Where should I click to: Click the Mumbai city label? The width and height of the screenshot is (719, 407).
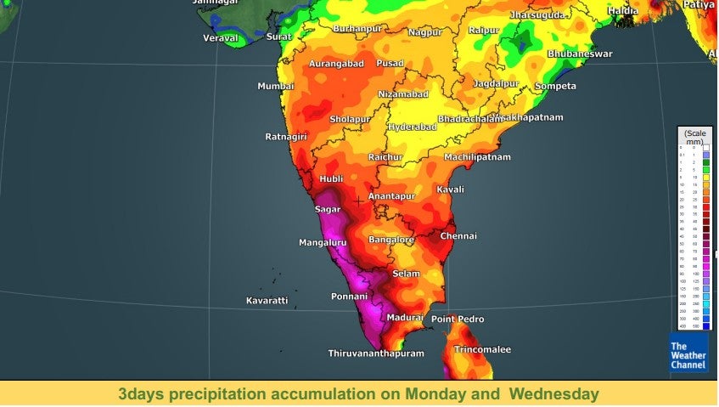276,87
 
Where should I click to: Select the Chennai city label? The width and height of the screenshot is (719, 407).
458,235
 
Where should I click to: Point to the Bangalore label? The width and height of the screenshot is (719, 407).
391,240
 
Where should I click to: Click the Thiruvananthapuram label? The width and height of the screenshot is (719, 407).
376,353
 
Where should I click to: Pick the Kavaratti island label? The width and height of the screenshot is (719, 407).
267,301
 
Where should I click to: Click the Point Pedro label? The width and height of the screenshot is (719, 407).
458,319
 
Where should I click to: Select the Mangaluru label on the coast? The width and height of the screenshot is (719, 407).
323,243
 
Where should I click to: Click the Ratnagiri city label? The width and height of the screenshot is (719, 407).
285,136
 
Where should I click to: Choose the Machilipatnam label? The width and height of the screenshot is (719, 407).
478,157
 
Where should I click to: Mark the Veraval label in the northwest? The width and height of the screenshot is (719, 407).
221,37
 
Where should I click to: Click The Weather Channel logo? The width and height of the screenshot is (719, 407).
688,354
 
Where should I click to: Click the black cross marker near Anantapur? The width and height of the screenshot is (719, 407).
360,201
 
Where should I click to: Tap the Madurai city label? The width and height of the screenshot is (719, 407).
405,317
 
